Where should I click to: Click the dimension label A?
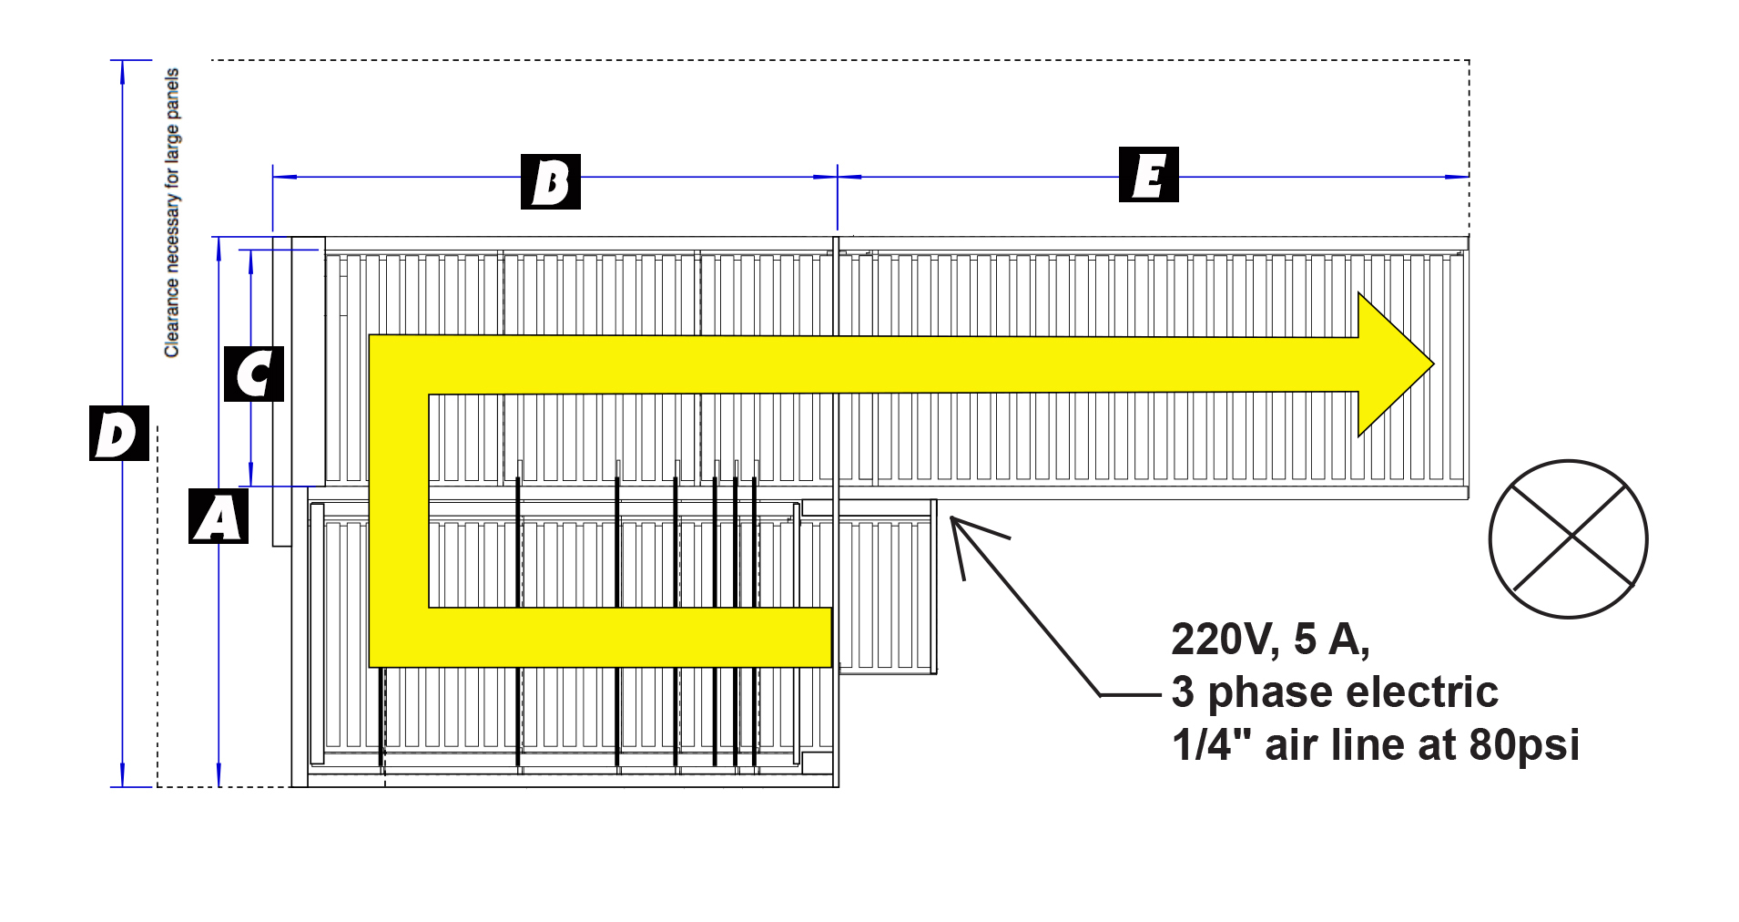218,517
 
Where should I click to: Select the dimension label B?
550,181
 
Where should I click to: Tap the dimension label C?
253,374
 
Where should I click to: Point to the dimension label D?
118,434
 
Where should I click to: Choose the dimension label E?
1148,174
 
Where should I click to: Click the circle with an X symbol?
1568,539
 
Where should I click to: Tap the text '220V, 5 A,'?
1270,640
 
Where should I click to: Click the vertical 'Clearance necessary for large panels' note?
172,212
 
